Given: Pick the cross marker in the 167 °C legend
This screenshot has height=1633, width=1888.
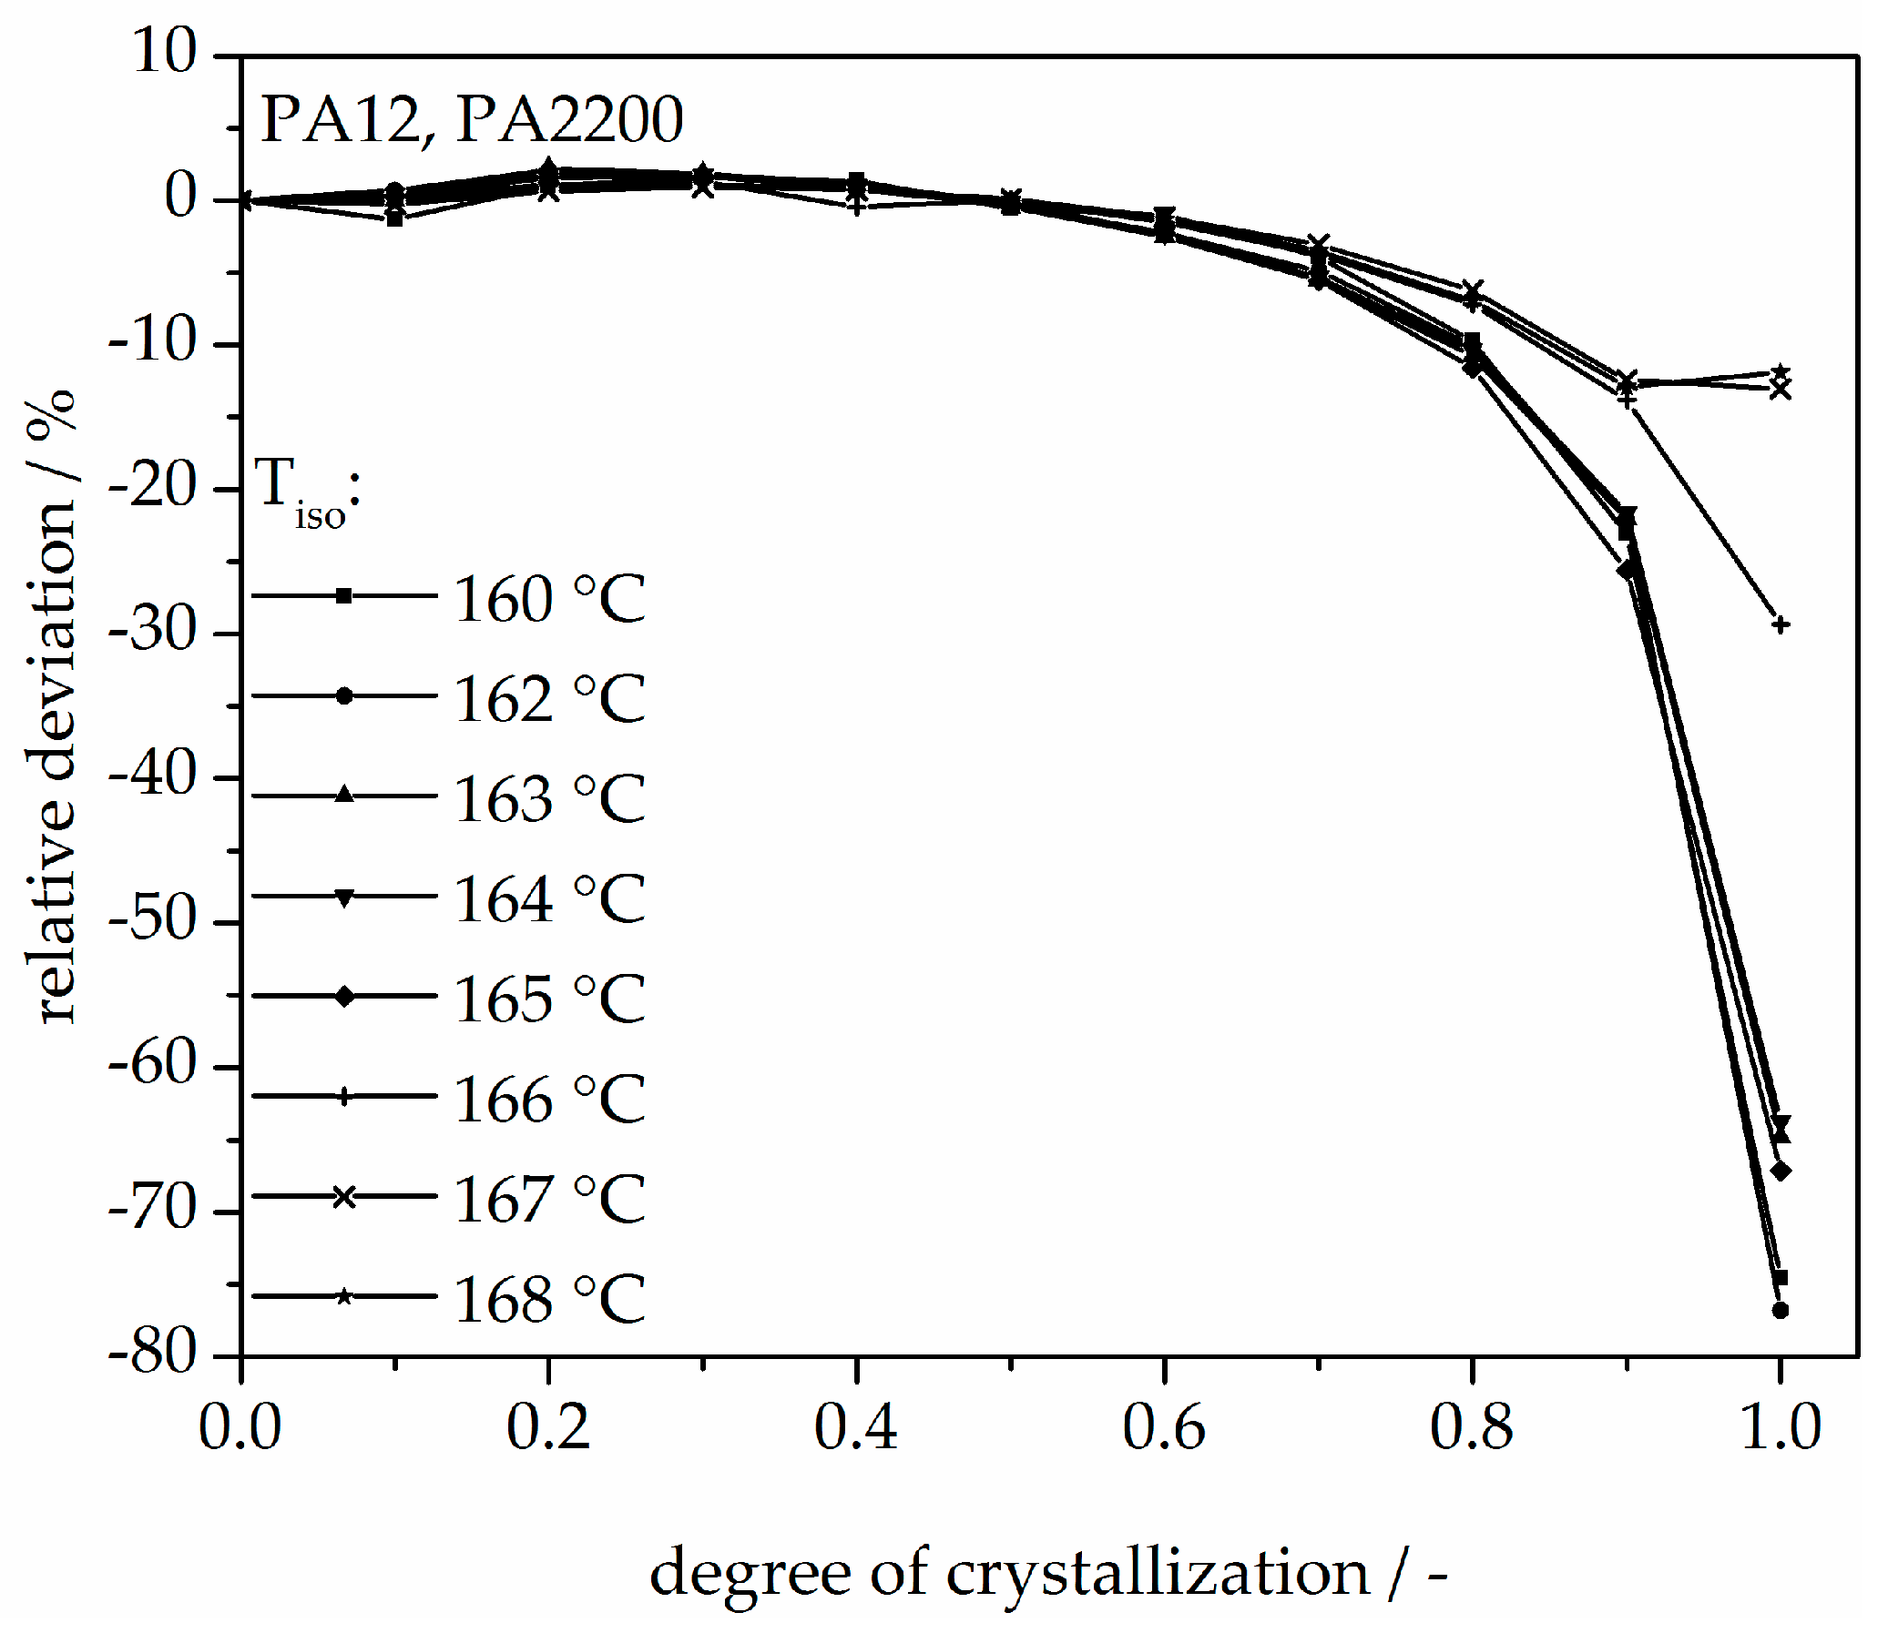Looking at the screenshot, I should (x=343, y=1196).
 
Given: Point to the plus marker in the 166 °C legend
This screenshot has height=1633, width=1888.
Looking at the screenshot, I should (x=343, y=1096).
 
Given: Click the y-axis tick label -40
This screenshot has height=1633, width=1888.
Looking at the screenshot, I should (x=152, y=776).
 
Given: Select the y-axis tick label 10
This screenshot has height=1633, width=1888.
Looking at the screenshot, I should (x=165, y=52).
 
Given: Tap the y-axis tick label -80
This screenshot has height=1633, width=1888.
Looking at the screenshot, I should (x=152, y=1354).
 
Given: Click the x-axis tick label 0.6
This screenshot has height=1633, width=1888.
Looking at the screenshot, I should (x=1163, y=1427).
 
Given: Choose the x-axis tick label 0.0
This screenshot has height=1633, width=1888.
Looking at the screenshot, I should (x=240, y=1427).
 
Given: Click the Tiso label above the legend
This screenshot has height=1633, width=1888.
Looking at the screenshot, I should (x=306, y=492).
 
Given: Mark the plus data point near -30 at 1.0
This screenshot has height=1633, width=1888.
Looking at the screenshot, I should (x=1780, y=624).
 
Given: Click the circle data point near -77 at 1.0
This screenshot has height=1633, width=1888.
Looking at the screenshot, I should (x=1780, y=1311).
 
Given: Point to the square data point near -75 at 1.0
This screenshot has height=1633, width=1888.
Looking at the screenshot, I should (x=1780, y=1278).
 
